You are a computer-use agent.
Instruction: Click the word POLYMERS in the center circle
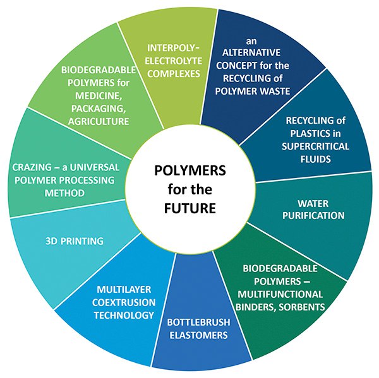(190, 170)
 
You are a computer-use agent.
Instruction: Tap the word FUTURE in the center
(190, 208)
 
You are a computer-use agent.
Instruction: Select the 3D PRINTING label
(75, 241)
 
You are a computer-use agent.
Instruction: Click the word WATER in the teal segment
(313, 204)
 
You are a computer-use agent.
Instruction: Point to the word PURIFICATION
(313, 216)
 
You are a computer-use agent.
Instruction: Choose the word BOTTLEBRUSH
(199, 322)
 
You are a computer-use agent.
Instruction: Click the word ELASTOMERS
(199, 335)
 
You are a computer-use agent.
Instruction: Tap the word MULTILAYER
(124, 290)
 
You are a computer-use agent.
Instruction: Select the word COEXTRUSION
(124, 302)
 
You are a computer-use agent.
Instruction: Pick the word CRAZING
(32, 167)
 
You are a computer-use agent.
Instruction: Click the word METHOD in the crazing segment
(64, 193)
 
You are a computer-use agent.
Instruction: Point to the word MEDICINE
(99, 96)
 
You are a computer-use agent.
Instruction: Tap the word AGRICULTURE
(99, 121)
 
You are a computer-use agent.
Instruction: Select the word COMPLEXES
(174, 74)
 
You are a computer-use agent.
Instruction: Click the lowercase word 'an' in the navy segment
(251, 41)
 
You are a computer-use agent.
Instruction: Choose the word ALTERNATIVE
(251, 52)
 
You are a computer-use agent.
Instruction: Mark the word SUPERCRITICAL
(315, 146)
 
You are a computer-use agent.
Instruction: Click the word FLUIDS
(315, 159)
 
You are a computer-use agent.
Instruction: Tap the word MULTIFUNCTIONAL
(280, 294)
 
